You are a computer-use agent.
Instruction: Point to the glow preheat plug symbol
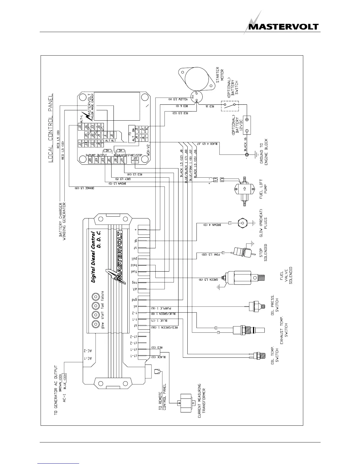(242, 223)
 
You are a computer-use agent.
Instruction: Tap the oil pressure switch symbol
(256, 306)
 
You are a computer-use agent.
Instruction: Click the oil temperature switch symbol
(259, 355)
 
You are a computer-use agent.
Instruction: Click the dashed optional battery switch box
(230, 106)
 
